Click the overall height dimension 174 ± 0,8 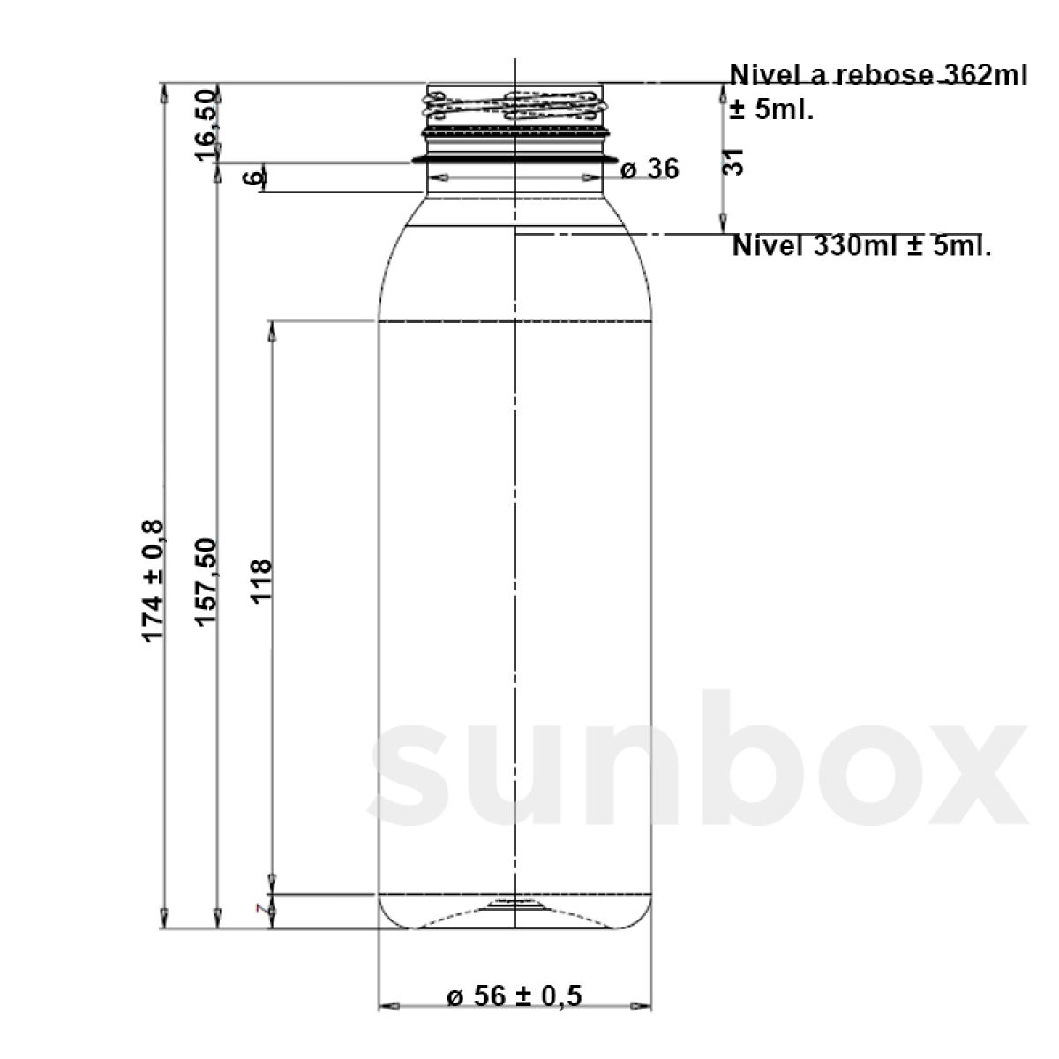click(x=152, y=582)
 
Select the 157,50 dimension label click(x=206, y=582)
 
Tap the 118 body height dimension click(x=262, y=580)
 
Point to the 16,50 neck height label click(x=206, y=124)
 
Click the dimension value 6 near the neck click(x=253, y=178)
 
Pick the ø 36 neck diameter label click(x=650, y=169)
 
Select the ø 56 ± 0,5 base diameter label click(x=514, y=996)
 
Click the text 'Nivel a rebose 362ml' click(x=878, y=75)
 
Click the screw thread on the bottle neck click(x=514, y=107)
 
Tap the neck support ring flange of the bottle click(x=514, y=160)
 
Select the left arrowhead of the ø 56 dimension click(x=387, y=1006)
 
